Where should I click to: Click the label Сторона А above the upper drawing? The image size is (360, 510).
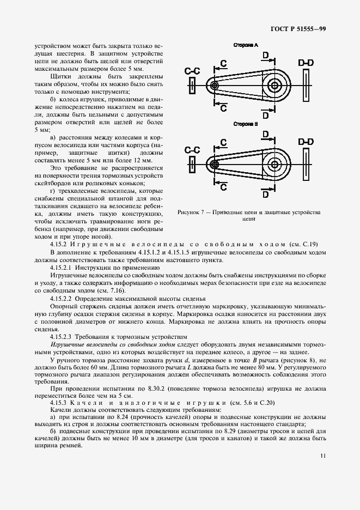245,45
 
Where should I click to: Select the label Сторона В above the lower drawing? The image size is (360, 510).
245,124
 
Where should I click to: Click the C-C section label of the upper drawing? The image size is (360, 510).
193,71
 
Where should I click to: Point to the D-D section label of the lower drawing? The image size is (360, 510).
306,142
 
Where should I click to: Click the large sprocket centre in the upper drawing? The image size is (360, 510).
274,86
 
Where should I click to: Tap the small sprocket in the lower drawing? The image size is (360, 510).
214,164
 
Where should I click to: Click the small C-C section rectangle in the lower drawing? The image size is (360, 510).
192,164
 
